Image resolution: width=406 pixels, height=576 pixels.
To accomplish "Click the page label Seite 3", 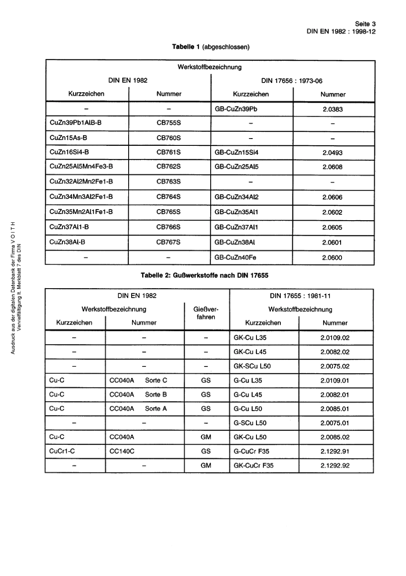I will coord(365,24).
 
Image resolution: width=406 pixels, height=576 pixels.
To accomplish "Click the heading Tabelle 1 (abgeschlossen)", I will coord(210,47).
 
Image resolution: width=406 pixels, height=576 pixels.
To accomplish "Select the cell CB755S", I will coord(168,123).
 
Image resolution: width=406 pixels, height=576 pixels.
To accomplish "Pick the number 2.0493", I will coord(332,153).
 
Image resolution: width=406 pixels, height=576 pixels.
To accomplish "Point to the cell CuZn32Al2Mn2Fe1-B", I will coord(81,181).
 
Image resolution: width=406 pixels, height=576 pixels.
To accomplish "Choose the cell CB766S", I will coord(168,227).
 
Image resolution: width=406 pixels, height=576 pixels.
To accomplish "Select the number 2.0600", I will coord(332,257).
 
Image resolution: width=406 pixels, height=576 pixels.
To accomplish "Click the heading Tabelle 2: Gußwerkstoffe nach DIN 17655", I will coord(204,275).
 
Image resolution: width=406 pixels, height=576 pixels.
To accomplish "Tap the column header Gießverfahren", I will coord(206,313).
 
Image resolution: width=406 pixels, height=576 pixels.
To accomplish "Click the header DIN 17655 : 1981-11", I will coord(300,295).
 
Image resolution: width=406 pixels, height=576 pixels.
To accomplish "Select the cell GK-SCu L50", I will coord(252,366).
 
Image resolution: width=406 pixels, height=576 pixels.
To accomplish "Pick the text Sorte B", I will coord(156,394).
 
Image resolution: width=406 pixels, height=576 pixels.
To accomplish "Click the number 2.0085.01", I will coord(335,409).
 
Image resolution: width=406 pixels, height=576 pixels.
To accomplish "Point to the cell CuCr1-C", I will coord(62,451).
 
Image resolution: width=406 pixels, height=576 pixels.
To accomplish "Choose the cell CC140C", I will coord(122,451).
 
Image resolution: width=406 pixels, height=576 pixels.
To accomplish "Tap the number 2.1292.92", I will coord(335,465).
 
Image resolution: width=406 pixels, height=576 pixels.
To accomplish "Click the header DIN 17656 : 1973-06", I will coord(292,80).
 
